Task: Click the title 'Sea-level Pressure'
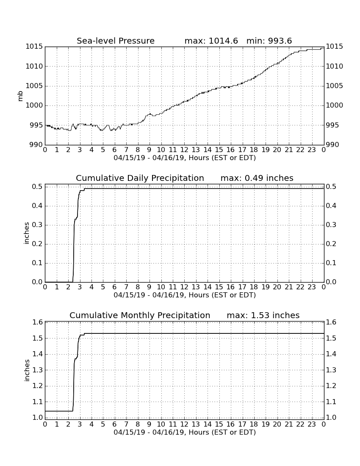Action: pyautogui.click(x=116, y=41)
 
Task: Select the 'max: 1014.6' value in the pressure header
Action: pyautogui.click(x=211, y=41)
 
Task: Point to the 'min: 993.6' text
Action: pyautogui.click(x=269, y=41)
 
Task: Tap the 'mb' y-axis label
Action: pyautogui.click(x=20, y=96)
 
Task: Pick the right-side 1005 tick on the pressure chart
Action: pyautogui.click(x=335, y=86)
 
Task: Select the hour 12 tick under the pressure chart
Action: pyautogui.click(x=184, y=150)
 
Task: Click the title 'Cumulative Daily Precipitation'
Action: pyautogui.click(x=140, y=178)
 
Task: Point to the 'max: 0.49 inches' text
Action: pyautogui.click(x=257, y=178)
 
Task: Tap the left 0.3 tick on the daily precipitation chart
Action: pyautogui.click(x=37, y=225)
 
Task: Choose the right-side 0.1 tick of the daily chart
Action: pyautogui.click(x=331, y=263)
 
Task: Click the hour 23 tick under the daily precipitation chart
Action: pyautogui.click(x=312, y=287)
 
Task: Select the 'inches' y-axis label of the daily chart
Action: pyautogui.click(x=27, y=233)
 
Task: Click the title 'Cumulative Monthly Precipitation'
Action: pyautogui.click(x=140, y=315)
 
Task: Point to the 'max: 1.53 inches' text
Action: pyautogui.click(x=263, y=315)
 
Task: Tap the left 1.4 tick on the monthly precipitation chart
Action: pyautogui.click(x=37, y=354)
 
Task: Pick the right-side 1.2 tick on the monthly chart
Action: pyautogui.click(x=331, y=386)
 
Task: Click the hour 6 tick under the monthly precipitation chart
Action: pyautogui.click(x=115, y=424)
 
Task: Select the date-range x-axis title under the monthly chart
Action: pyautogui.click(x=185, y=432)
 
